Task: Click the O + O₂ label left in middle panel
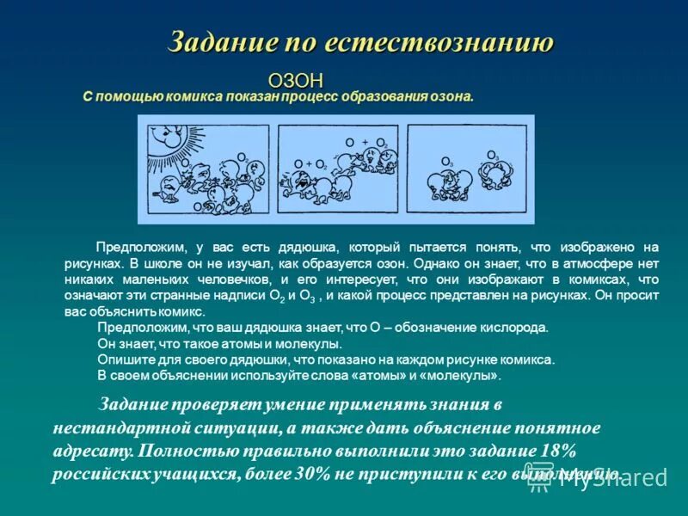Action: pos(310,163)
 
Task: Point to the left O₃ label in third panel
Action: pos(447,162)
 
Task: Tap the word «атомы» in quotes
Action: pos(384,377)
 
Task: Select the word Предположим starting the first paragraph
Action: pos(139,247)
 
